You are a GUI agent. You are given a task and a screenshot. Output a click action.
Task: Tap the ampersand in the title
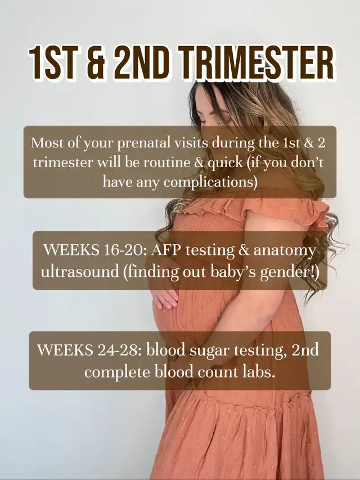click(x=95, y=63)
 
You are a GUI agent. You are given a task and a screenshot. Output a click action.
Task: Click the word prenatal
click(x=141, y=143)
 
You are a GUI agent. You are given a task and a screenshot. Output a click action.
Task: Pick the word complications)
click(x=210, y=182)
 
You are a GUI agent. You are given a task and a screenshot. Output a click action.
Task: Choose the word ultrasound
click(x=80, y=272)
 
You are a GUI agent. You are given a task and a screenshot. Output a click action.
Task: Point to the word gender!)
click(x=289, y=272)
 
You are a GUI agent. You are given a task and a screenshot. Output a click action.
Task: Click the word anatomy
click(x=285, y=251)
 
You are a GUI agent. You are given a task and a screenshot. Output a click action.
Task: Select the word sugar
click(x=209, y=351)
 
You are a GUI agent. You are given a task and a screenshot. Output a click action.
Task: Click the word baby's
click(x=231, y=272)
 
